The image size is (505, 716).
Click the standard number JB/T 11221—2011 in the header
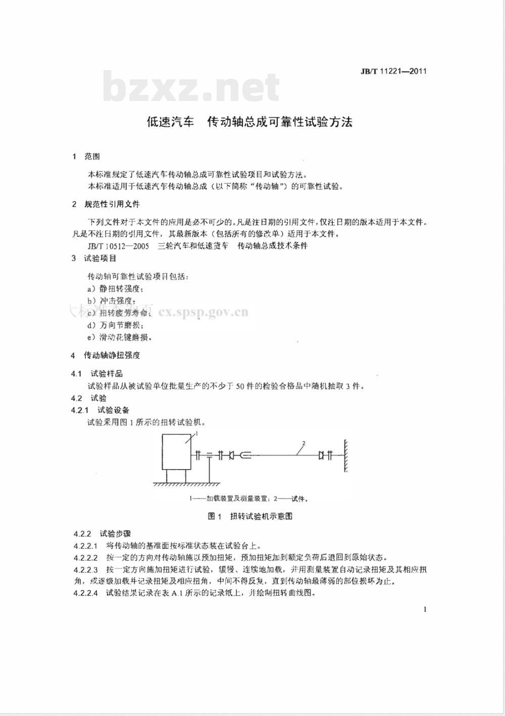tap(393, 71)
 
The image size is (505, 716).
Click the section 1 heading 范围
tap(92, 157)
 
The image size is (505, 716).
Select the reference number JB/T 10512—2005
tap(118, 246)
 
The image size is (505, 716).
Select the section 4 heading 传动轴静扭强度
tap(112, 355)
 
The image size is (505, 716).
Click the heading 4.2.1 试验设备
tap(100, 410)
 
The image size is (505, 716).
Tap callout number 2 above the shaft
tap(304, 444)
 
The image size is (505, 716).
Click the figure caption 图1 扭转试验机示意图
tap(250, 516)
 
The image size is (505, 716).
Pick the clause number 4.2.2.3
tap(85, 570)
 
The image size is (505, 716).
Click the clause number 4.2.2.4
tap(85, 593)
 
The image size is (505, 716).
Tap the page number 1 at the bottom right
tap(425, 609)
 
